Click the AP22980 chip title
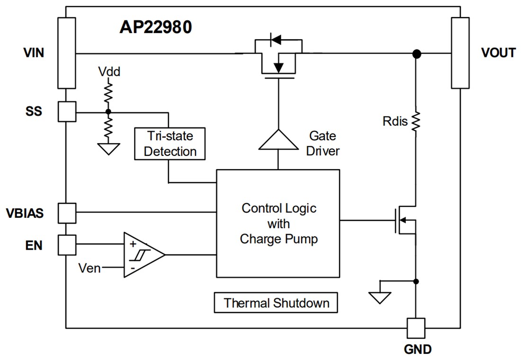click(x=155, y=27)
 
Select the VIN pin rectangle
click(x=66, y=53)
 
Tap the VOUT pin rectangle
click(x=460, y=53)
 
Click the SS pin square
click(x=66, y=112)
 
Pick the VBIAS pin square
click(x=66, y=213)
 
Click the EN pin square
click(x=66, y=245)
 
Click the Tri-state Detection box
click(x=170, y=144)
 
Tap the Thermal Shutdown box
click(x=276, y=303)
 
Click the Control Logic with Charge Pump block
click(x=278, y=223)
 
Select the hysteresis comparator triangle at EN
click(x=141, y=254)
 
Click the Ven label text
click(x=90, y=268)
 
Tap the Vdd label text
click(x=109, y=72)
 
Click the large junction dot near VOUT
click(x=416, y=54)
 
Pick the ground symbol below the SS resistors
click(x=108, y=149)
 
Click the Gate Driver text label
click(x=323, y=144)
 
